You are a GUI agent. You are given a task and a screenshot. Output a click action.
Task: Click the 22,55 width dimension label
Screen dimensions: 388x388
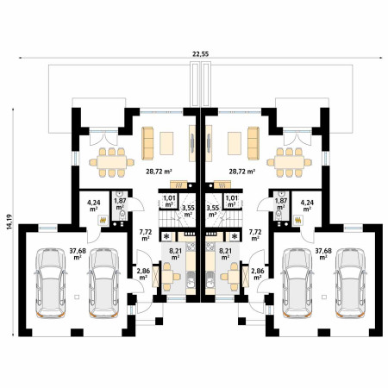click(201, 53)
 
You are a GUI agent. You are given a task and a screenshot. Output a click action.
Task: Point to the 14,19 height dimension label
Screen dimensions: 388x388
click(9, 222)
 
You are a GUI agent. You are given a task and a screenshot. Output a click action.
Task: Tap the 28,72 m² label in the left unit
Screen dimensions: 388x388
click(159, 172)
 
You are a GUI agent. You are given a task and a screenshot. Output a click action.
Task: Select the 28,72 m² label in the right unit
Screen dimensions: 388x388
click(242, 172)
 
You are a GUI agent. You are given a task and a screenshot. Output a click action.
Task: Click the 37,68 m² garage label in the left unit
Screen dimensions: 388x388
click(78, 254)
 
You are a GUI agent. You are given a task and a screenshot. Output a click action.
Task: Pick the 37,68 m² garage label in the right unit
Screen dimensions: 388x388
click(323, 254)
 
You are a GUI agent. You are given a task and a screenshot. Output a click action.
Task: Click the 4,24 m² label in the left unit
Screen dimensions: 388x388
click(93, 206)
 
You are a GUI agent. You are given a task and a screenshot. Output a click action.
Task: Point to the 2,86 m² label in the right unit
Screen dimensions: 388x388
click(258, 274)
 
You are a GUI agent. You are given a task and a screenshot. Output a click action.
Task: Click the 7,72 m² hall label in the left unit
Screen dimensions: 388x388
click(146, 235)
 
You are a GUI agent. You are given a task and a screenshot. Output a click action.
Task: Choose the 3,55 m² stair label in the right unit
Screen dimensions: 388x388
click(213, 211)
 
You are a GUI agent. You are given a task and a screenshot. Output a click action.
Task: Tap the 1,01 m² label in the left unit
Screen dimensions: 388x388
click(169, 201)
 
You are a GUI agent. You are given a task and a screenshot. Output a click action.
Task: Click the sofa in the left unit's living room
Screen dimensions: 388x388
click(147, 143)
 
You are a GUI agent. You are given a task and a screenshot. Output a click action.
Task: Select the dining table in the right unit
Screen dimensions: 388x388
click(289, 162)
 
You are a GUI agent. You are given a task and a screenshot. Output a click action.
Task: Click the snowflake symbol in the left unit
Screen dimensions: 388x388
click(166, 237)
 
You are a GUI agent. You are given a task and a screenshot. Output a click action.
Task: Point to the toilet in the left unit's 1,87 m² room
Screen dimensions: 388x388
click(122, 215)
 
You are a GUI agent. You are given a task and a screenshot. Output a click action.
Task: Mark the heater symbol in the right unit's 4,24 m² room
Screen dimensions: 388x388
click(298, 220)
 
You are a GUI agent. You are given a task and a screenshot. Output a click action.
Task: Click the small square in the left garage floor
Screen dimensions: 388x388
click(76, 297)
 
